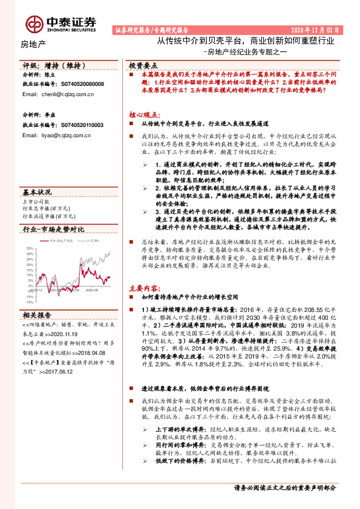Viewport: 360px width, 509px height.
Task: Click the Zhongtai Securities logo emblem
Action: click(x=33, y=24)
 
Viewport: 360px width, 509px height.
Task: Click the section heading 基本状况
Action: click(x=37, y=192)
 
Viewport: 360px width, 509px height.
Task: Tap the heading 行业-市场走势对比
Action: click(x=53, y=230)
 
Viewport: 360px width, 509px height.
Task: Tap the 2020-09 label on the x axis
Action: click(x=92, y=290)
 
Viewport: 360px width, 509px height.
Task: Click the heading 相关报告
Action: click(x=37, y=314)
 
